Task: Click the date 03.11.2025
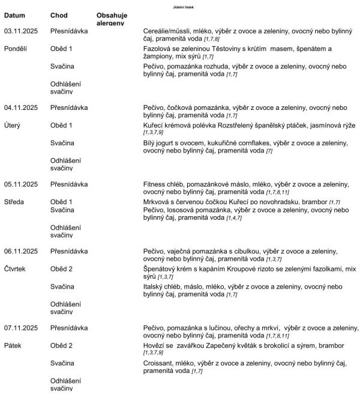point(21,30)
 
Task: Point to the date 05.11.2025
point(21,184)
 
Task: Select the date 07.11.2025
point(21,328)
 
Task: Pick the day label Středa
point(14,202)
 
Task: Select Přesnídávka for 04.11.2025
point(69,107)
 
